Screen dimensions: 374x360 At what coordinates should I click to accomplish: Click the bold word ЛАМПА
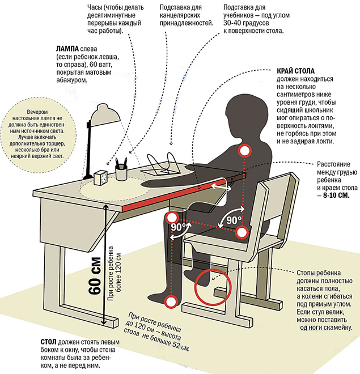(x=66, y=49)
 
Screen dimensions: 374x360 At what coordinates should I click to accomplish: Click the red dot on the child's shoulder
(x=245, y=150)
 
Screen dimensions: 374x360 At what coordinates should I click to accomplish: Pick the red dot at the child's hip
(x=242, y=232)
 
